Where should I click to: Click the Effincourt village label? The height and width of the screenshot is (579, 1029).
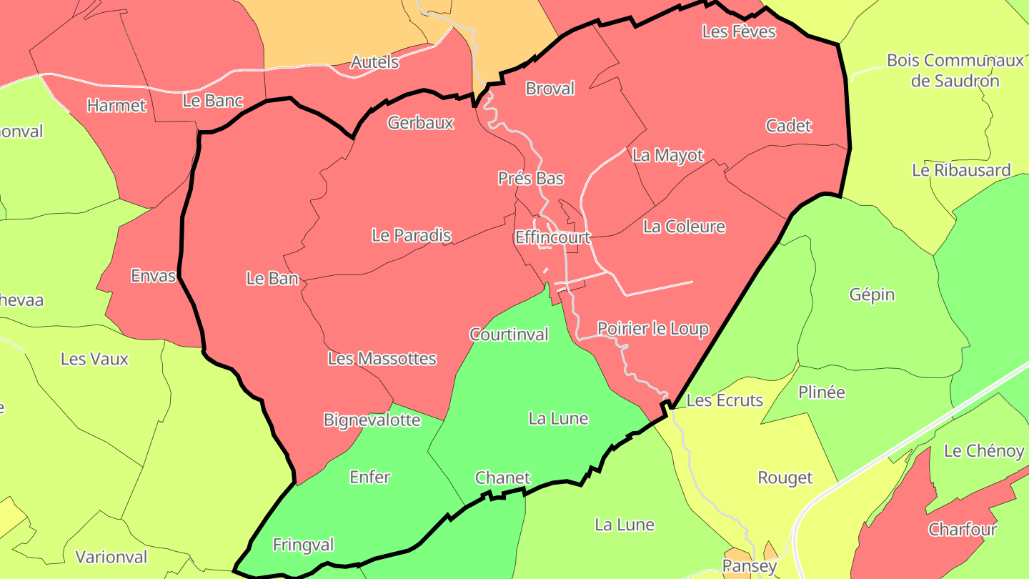(x=552, y=237)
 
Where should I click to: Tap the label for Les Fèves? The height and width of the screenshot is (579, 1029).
(x=739, y=31)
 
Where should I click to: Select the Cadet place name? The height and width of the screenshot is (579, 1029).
(x=789, y=126)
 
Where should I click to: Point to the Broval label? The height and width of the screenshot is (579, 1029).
(x=550, y=89)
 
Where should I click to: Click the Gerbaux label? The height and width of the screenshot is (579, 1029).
(x=421, y=123)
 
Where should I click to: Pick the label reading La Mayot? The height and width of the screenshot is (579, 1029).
(x=668, y=155)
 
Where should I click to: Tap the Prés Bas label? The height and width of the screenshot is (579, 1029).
(x=531, y=178)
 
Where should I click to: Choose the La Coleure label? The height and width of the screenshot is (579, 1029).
(x=684, y=227)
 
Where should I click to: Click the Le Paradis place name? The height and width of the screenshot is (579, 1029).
(x=412, y=235)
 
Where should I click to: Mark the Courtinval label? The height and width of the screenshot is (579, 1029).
(x=509, y=335)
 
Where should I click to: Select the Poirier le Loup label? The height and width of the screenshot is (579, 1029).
(x=653, y=329)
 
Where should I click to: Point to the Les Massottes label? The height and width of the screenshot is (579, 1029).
(x=382, y=359)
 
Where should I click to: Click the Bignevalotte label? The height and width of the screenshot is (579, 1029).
(x=372, y=420)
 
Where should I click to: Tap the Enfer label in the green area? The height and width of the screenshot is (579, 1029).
(x=370, y=477)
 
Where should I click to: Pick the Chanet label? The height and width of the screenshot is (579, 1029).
(x=503, y=478)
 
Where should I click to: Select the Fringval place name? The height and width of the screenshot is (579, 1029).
(x=304, y=545)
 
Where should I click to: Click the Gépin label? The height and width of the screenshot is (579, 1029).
(x=872, y=295)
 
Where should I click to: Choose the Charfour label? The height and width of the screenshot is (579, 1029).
(x=963, y=530)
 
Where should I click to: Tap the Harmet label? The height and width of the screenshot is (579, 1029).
(x=116, y=106)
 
